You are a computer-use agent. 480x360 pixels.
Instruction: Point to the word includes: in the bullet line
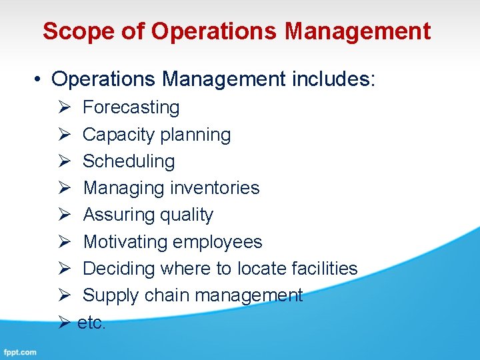point(334,80)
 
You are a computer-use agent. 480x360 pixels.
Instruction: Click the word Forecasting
point(131,107)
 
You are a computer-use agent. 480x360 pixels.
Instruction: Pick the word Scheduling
point(129,161)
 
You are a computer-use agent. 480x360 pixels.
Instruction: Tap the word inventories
point(215,188)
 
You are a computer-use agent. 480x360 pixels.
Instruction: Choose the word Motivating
point(125,242)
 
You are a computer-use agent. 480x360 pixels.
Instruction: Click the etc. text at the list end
point(91,323)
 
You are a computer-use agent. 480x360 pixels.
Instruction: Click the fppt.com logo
point(20,352)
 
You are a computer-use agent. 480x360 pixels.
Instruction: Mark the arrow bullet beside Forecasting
point(64,107)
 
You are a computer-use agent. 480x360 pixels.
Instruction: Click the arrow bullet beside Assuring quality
point(64,215)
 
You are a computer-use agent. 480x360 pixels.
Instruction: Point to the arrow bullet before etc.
point(64,323)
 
